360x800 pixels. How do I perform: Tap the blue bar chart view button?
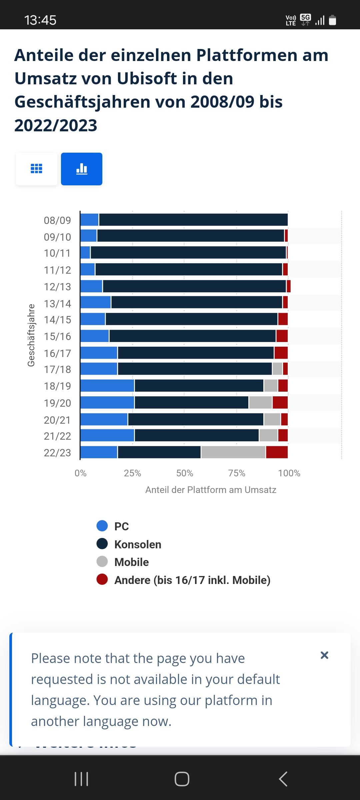tap(82, 169)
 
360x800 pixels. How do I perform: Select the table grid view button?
tap(37, 169)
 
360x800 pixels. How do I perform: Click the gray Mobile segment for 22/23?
tap(233, 452)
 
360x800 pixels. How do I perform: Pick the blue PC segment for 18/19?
tap(107, 386)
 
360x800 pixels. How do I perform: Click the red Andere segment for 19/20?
tap(280, 402)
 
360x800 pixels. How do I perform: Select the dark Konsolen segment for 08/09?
tap(193, 220)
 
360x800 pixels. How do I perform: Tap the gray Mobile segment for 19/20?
tap(260, 402)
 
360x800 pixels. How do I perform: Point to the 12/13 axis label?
tap(57, 287)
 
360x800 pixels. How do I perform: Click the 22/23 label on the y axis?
tap(57, 453)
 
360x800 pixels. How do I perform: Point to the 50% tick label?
tap(185, 473)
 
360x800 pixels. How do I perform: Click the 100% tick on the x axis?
tap(289, 473)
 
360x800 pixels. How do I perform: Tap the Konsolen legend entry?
tap(138, 544)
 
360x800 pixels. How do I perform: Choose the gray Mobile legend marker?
tap(102, 562)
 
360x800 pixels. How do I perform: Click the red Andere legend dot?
tap(102, 580)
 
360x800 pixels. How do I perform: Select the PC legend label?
tap(121, 526)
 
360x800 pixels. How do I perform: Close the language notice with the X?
tap(324, 655)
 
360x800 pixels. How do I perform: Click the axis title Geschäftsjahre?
tap(31, 335)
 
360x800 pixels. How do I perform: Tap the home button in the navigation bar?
tap(182, 779)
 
